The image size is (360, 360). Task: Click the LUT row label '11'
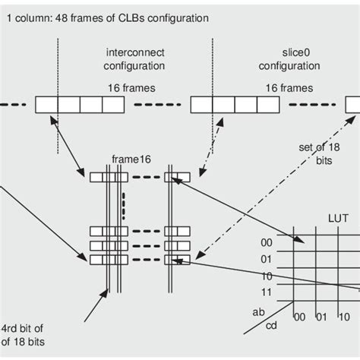click(267, 292)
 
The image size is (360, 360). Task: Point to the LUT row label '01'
click(267, 259)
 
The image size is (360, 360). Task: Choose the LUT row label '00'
click(267, 242)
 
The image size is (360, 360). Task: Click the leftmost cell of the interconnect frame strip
click(46, 105)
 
